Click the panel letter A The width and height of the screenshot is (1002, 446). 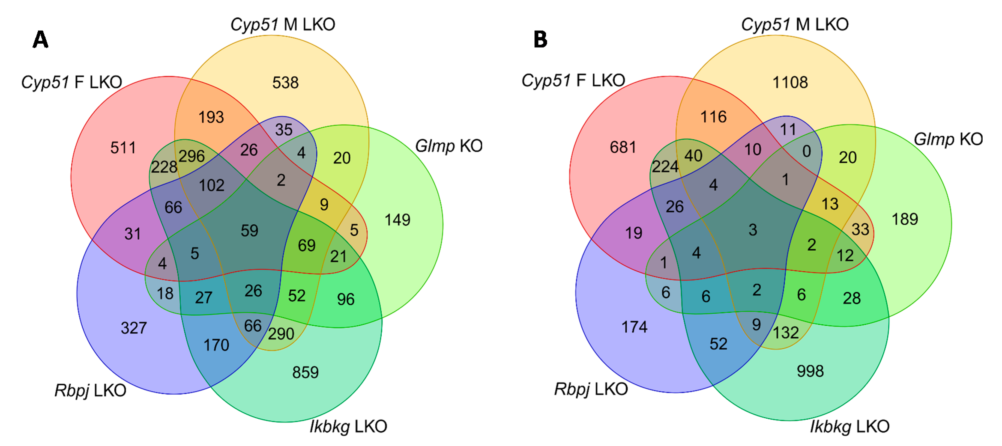click(x=40, y=40)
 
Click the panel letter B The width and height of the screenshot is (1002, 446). click(x=540, y=40)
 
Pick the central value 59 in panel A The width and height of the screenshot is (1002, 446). click(x=249, y=230)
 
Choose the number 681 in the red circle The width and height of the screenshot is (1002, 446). click(x=623, y=147)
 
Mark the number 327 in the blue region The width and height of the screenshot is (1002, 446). click(x=133, y=328)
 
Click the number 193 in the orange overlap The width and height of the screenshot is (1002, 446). click(x=211, y=117)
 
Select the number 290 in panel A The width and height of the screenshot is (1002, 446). click(x=281, y=334)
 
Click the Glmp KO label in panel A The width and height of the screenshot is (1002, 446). click(x=448, y=146)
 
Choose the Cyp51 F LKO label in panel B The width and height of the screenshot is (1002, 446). click(x=573, y=81)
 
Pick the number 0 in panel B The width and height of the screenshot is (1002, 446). click(x=806, y=151)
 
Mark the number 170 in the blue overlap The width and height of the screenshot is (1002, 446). click(x=216, y=345)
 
